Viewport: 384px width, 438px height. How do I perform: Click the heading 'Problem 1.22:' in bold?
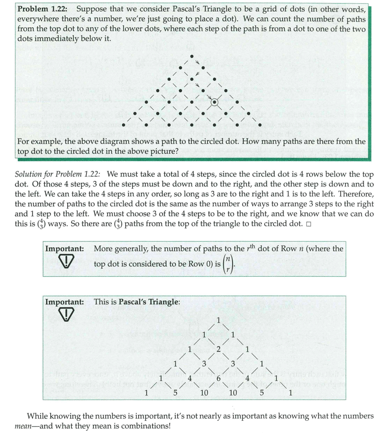(x=44, y=9)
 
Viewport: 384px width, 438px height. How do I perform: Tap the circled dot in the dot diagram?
(x=215, y=102)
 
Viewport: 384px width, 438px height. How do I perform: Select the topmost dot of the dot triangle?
(x=192, y=56)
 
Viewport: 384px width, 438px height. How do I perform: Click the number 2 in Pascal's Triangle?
(x=218, y=349)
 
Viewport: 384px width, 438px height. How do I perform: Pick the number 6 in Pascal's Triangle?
(x=218, y=378)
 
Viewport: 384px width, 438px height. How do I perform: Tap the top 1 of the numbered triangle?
(x=218, y=320)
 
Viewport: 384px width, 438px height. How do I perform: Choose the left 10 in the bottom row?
(x=204, y=392)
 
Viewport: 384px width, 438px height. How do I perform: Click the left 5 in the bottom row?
(x=175, y=392)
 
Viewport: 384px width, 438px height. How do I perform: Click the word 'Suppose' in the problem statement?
(x=92, y=9)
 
